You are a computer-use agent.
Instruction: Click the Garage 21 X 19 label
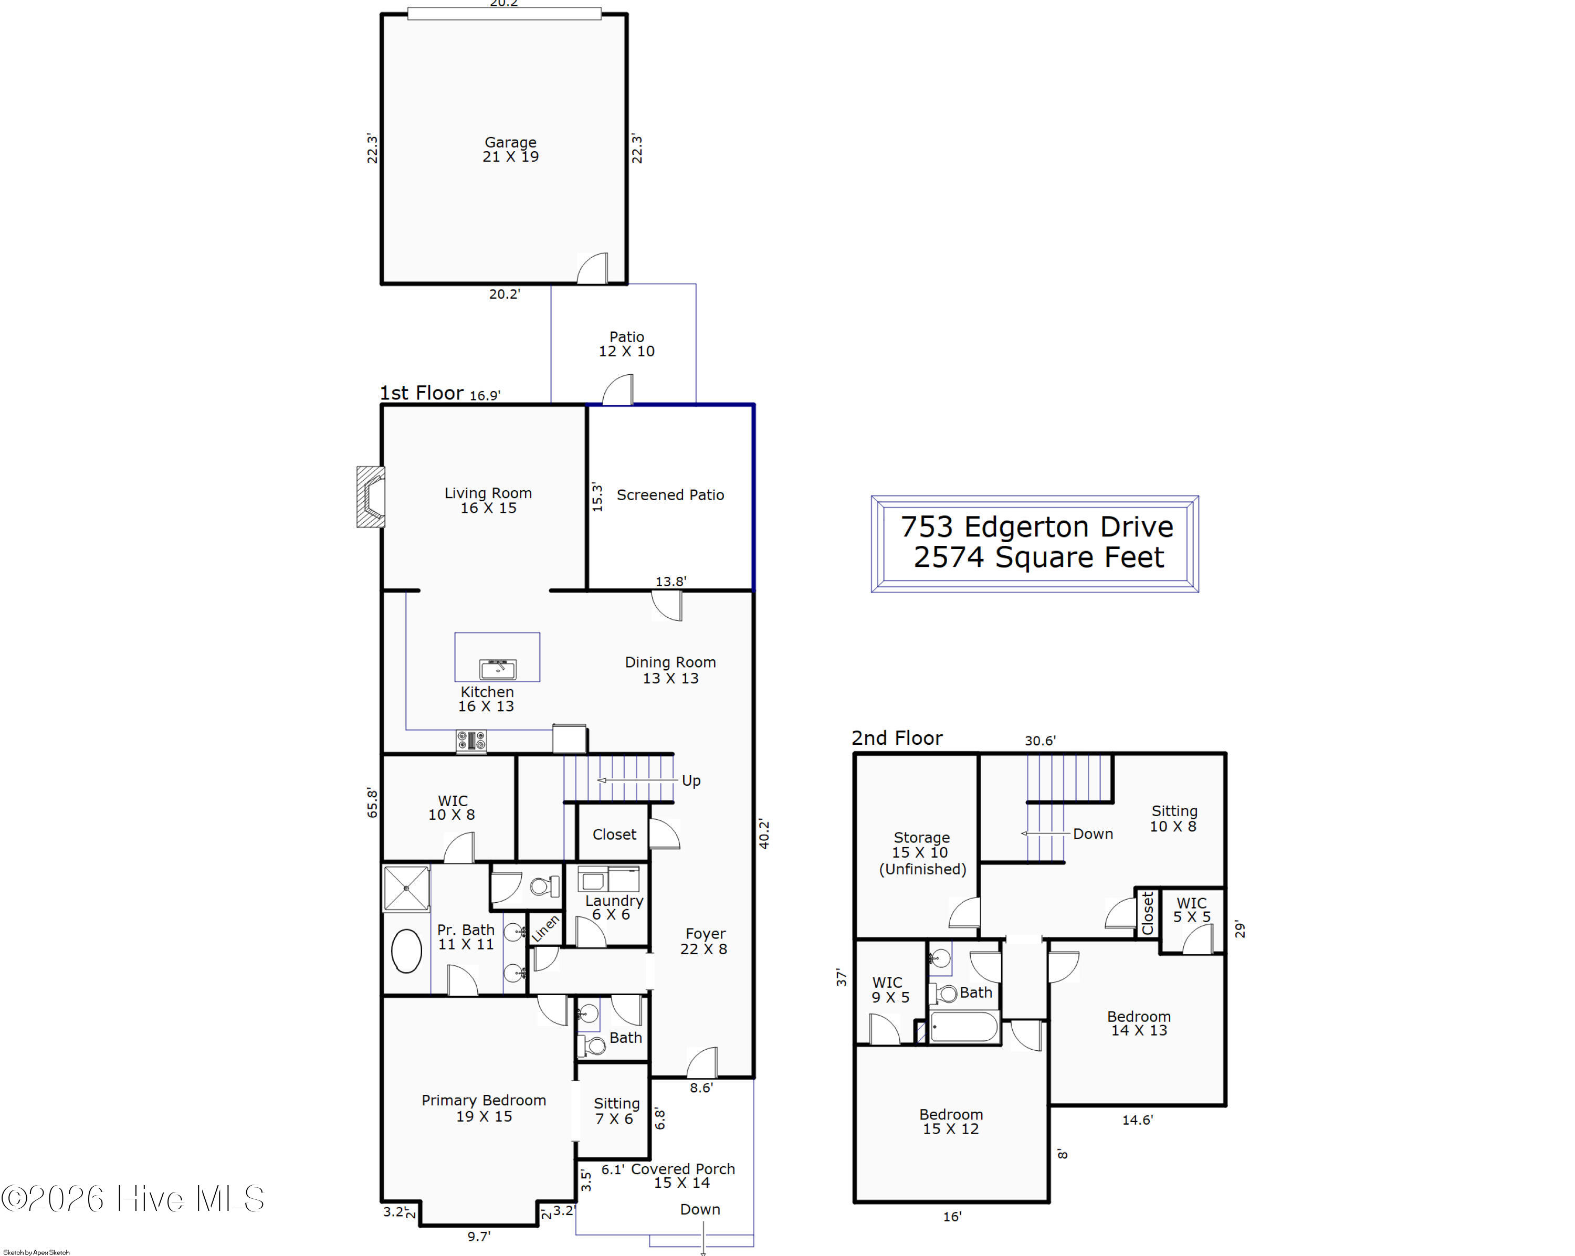click(x=510, y=149)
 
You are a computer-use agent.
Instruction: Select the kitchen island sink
click(x=498, y=668)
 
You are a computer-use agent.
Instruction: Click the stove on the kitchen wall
click(x=471, y=741)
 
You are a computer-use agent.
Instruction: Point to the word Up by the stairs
click(x=690, y=780)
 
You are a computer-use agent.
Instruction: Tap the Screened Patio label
click(x=670, y=494)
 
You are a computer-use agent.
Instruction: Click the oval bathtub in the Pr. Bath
click(x=406, y=951)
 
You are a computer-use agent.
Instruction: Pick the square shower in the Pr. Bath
click(x=406, y=887)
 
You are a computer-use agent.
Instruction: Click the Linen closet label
click(x=545, y=927)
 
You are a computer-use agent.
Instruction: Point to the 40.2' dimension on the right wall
click(x=764, y=833)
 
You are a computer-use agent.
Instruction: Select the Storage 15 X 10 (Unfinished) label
click(x=921, y=852)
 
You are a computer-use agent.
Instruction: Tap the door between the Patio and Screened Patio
click(x=618, y=390)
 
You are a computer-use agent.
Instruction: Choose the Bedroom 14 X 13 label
click(x=1138, y=1022)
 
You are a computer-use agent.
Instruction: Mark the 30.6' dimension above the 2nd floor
click(x=1039, y=741)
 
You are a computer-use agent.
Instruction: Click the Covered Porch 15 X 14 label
click(x=681, y=1175)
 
